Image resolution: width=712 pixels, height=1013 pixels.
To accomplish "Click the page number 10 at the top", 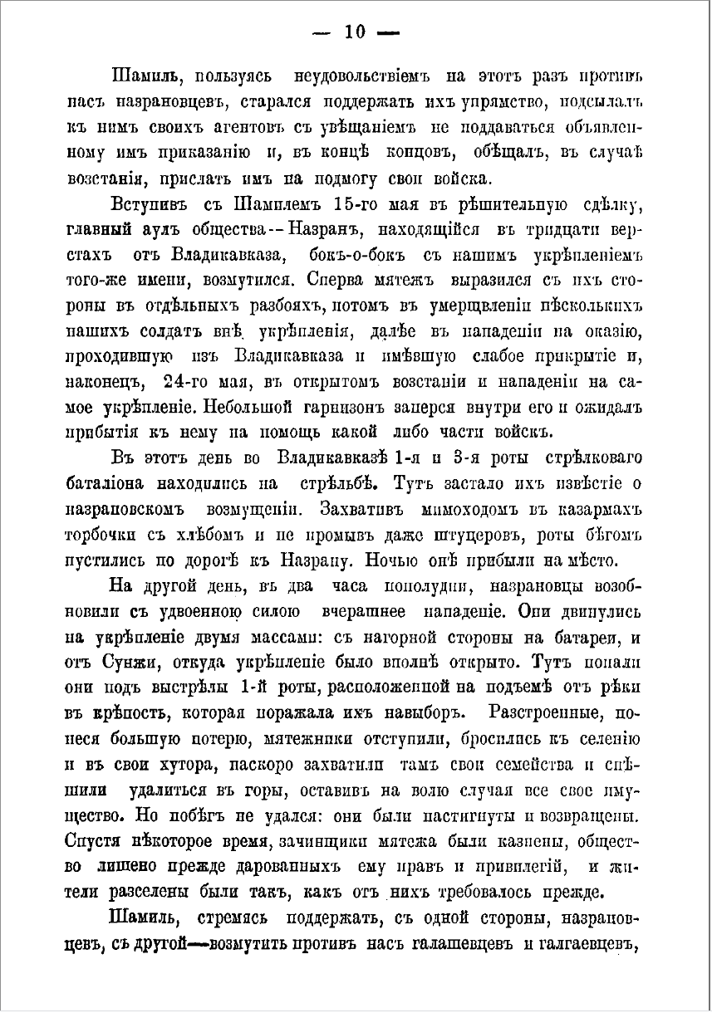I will click(355, 32).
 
